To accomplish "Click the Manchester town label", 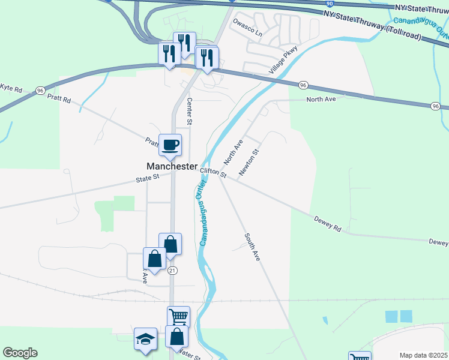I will click(172, 166).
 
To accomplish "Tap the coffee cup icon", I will click(170, 145).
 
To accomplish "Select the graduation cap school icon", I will click(145, 340).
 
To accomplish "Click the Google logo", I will click(20, 353).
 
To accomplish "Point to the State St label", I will click(147, 178).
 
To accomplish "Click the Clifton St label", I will click(214, 173).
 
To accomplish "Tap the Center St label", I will click(190, 112).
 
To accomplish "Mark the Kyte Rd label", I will click(11, 88).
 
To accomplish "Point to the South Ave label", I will click(252, 247).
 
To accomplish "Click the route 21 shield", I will click(173, 271).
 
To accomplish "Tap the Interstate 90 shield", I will click(329, 4).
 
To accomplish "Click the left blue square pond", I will click(392, 316).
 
